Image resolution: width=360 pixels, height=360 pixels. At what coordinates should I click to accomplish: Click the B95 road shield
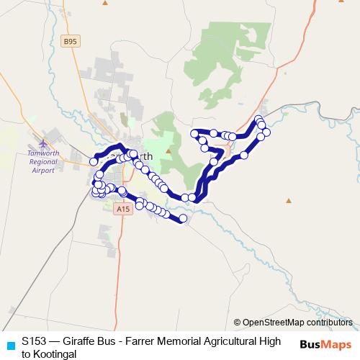tap(70, 42)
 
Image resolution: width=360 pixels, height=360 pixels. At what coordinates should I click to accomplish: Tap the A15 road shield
tap(122, 209)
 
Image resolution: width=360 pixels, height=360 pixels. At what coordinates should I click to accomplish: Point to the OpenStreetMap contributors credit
tap(297, 323)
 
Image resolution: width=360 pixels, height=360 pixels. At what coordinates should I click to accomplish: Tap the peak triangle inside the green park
tap(168, 151)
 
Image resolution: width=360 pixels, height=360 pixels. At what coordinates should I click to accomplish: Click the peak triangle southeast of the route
tap(288, 201)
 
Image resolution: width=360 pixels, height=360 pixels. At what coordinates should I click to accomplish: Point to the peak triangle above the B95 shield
tap(105, 3)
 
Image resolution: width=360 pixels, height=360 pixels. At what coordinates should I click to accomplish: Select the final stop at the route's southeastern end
tap(183, 218)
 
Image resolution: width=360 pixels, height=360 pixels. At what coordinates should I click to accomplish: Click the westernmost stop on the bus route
tap(94, 161)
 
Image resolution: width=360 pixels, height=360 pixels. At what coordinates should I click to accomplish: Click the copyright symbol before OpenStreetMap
tap(237, 323)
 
